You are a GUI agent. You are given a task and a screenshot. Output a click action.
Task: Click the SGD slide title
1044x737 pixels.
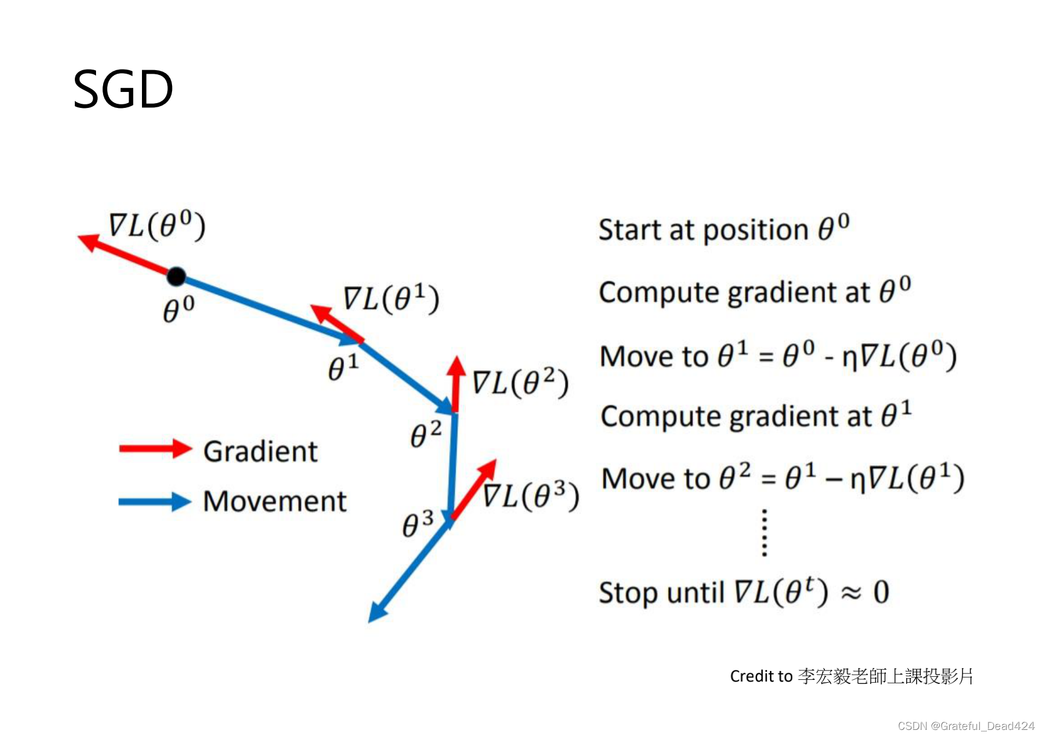pyautogui.click(x=123, y=90)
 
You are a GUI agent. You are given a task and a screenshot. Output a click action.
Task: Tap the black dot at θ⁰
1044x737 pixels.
pyautogui.click(x=176, y=276)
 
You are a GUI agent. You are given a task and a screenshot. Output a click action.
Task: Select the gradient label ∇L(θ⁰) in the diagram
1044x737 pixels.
pyautogui.click(x=157, y=225)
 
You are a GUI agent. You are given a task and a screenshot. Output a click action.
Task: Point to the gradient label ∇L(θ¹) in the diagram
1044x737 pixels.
pyautogui.click(x=391, y=298)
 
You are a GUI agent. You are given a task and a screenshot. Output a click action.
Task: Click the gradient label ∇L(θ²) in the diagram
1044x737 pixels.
pyautogui.click(x=520, y=383)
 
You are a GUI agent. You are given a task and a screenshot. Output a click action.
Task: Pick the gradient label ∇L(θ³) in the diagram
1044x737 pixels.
pyautogui.click(x=531, y=495)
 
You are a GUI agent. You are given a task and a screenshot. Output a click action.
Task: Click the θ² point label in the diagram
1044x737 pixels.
pyautogui.click(x=426, y=435)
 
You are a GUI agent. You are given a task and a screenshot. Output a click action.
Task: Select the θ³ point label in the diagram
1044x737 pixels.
pyautogui.click(x=418, y=524)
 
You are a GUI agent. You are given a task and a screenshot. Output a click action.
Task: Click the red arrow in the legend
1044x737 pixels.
pyautogui.click(x=155, y=449)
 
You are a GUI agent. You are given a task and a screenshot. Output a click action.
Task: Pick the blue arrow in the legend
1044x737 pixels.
pyautogui.click(x=155, y=502)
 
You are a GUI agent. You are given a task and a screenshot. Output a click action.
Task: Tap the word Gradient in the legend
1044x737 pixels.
pyautogui.click(x=260, y=452)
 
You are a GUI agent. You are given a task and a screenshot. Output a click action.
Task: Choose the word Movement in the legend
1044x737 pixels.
pyautogui.click(x=275, y=502)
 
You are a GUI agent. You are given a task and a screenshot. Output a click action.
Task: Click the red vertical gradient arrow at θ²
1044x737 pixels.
pyautogui.click(x=455, y=383)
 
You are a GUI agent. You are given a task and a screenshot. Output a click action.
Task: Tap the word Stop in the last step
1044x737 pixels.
pyautogui.click(x=626, y=593)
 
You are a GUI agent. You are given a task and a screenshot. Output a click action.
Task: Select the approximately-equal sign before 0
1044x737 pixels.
pyautogui.click(x=851, y=593)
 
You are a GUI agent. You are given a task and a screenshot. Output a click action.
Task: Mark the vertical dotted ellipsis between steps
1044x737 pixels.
pyautogui.click(x=764, y=533)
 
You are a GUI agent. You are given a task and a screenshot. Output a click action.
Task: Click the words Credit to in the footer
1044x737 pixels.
pyautogui.click(x=761, y=676)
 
